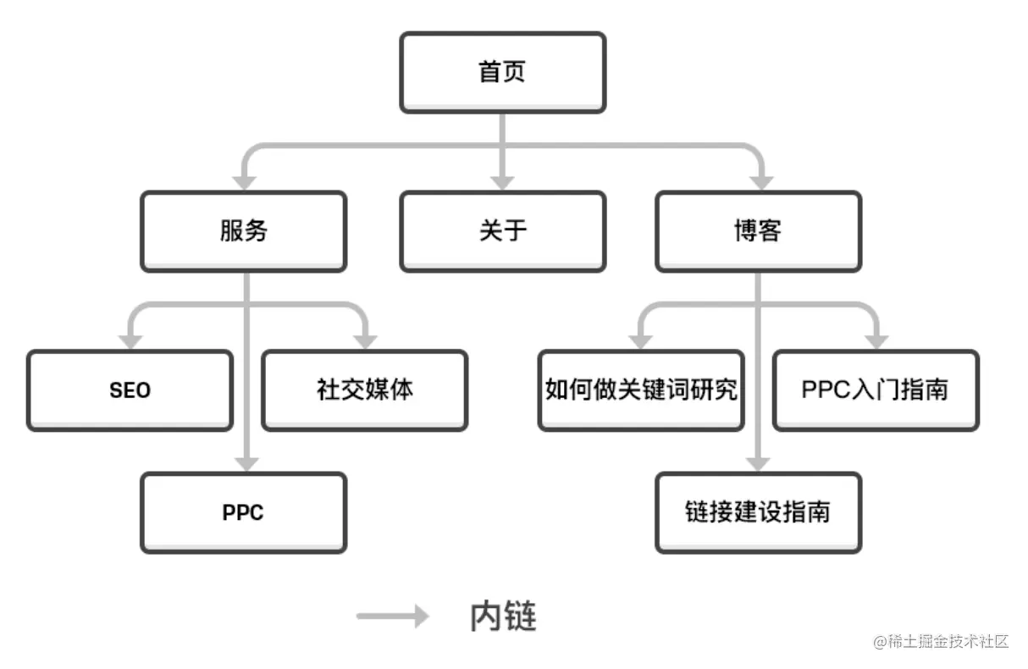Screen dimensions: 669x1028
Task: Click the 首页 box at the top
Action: [502, 72]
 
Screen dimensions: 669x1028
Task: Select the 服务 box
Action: [243, 231]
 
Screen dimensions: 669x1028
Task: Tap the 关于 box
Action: [502, 231]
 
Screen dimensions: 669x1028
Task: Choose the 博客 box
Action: [758, 231]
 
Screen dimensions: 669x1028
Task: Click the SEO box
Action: [130, 390]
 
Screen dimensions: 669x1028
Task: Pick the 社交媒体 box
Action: [364, 390]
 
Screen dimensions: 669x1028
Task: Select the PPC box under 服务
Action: [243, 512]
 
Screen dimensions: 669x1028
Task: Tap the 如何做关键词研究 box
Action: [641, 390]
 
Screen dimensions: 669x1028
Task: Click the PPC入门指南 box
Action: [875, 390]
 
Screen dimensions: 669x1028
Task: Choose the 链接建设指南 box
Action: [758, 512]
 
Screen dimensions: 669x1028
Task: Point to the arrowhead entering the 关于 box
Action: [502, 181]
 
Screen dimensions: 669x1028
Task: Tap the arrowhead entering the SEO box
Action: [130, 340]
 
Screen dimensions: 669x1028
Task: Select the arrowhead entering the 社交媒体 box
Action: [365, 340]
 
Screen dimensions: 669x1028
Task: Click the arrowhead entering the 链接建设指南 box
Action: [758, 462]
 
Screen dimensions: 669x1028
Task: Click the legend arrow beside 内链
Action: [393, 616]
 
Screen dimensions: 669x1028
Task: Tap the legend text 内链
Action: [503, 616]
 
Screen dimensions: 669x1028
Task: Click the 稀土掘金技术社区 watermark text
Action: [942, 641]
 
